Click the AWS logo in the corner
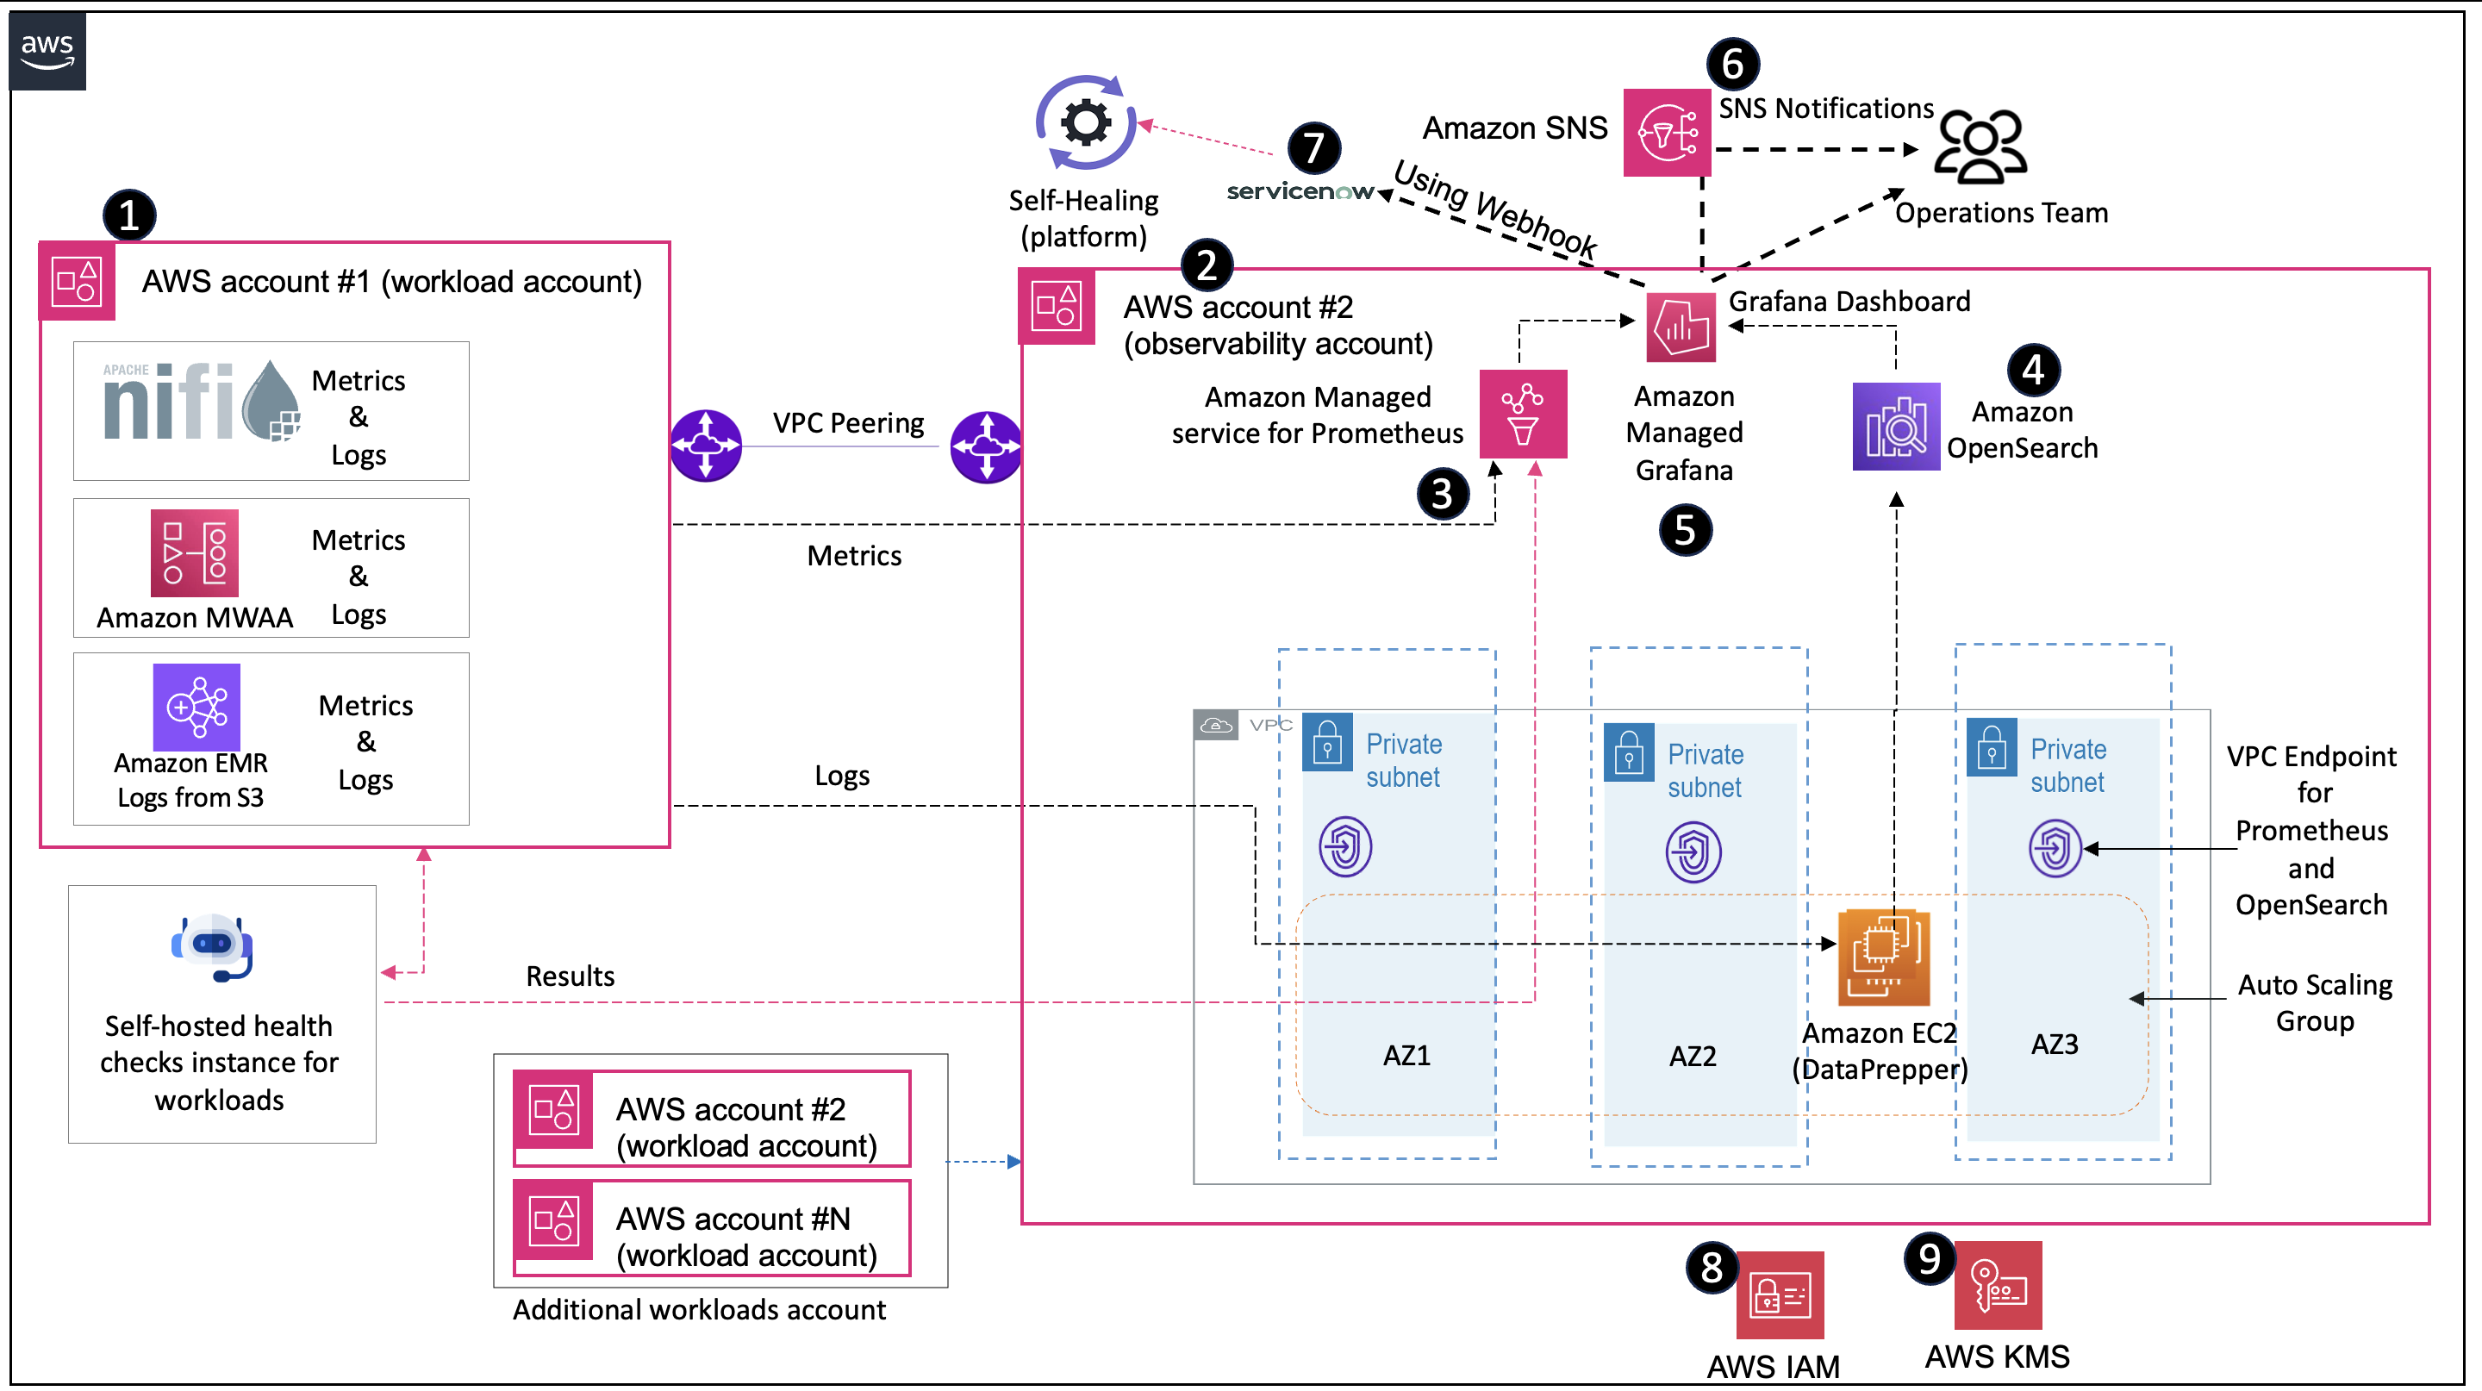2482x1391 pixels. pyautogui.click(x=47, y=50)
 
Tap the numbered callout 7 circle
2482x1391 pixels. pyautogui.click(x=1313, y=148)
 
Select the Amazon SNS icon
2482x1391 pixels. pyautogui.click(x=1666, y=133)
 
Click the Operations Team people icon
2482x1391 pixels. pyautogui.click(x=1981, y=147)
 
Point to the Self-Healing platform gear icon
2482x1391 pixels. pyautogui.click(x=1086, y=123)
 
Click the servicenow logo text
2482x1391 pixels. pyautogui.click(x=1299, y=191)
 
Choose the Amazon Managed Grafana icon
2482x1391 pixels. pyautogui.click(x=1681, y=328)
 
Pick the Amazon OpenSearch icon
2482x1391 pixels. pyautogui.click(x=1895, y=427)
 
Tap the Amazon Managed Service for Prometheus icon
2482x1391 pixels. pyautogui.click(x=1522, y=415)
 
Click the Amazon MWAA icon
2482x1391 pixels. pyautogui.click(x=195, y=553)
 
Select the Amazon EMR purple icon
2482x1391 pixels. pyautogui.click(x=196, y=706)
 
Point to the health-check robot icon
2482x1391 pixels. pyautogui.click(x=213, y=947)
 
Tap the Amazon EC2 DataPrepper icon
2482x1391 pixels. pyautogui.click(x=1884, y=957)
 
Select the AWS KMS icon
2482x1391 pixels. pyautogui.click(x=1998, y=1285)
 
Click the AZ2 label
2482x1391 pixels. pyautogui.click(x=1692, y=1057)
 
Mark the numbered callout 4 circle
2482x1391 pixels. pyautogui.click(x=2033, y=370)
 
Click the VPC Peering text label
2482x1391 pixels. pyautogui.click(x=848, y=423)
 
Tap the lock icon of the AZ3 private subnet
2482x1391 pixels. pyautogui.click(x=1992, y=747)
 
